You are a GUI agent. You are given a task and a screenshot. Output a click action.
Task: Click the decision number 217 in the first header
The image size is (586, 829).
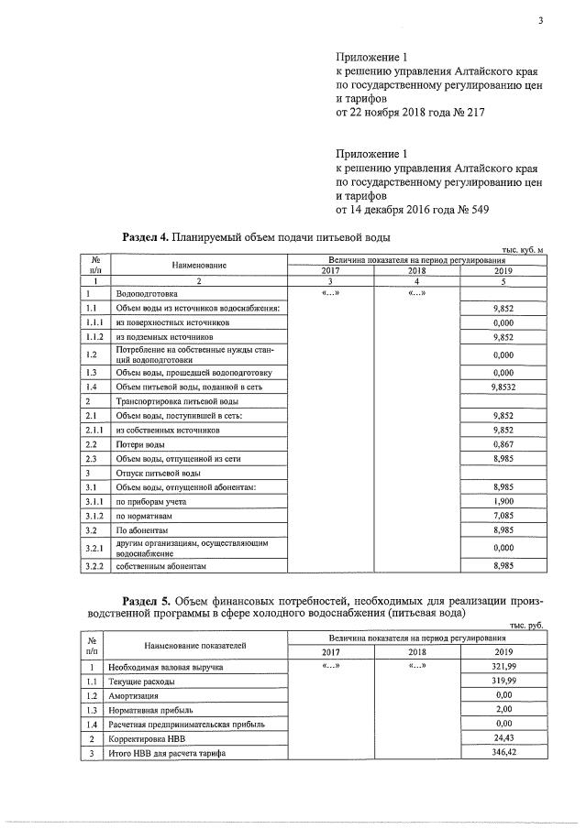point(471,113)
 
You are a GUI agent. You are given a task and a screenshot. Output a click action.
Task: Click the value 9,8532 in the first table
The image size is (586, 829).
point(501,387)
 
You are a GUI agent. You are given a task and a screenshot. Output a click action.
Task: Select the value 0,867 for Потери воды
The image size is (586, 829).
point(501,443)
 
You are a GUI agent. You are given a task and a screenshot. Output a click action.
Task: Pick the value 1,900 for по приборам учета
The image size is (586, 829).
point(501,500)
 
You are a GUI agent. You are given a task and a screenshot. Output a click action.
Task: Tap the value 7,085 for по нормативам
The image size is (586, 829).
point(501,515)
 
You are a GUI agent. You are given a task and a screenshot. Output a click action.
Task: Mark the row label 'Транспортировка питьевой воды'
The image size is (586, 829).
point(176,401)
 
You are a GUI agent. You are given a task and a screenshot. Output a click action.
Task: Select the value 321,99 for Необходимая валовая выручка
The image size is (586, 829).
point(501,667)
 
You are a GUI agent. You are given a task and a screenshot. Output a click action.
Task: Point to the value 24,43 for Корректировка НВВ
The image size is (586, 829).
point(501,737)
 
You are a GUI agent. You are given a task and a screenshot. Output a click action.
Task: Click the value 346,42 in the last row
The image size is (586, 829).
point(501,752)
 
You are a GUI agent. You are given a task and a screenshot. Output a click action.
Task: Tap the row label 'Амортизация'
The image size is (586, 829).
point(136,695)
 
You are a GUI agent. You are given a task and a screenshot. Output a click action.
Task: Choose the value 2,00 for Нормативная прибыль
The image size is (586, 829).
point(501,709)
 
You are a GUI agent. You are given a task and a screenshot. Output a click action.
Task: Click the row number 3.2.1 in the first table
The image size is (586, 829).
point(94,548)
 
